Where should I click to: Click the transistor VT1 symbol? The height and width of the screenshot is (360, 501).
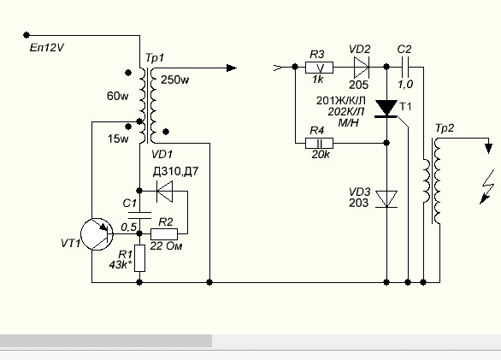point(97,234)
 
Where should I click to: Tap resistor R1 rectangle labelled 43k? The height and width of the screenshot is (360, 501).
point(139,258)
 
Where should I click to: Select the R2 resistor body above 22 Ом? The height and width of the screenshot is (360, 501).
point(164,234)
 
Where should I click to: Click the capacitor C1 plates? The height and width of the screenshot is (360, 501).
point(139,215)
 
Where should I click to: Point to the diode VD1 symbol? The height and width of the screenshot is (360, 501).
point(164,192)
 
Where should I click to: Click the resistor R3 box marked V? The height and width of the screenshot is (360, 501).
point(319,68)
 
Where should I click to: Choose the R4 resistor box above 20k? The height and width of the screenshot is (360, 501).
point(319,143)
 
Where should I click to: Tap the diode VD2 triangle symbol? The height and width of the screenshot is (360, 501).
point(362,68)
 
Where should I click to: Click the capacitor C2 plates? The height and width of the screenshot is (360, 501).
point(405,68)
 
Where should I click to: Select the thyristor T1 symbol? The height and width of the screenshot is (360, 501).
point(386,109)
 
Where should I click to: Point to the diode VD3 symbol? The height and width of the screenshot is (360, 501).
point(386,199)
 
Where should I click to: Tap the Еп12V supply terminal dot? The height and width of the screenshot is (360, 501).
point(27,35)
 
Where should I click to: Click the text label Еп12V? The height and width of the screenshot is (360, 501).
point(47,48)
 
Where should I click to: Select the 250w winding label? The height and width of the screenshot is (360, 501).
point(174,80)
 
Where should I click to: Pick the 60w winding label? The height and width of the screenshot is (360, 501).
point(118,96)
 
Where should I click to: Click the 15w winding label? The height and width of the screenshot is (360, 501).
point(118,139)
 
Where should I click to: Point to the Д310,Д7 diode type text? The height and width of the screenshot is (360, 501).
point(175,171)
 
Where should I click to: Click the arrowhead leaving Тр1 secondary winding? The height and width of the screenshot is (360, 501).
point(232,68)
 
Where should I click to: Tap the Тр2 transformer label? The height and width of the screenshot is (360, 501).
point(445,128)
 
